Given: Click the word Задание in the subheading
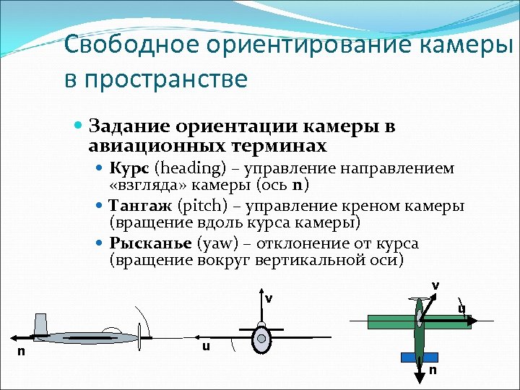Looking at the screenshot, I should pos(126,126).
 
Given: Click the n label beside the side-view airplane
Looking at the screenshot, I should pos(21,352).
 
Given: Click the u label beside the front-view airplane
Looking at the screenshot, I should pos(207,347).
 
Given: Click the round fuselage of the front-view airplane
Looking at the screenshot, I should pos(261,339).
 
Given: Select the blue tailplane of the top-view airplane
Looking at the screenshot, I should pos(419,357).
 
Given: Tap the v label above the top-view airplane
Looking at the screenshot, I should pos(435,285).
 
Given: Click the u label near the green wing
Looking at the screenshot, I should pos(461,310).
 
